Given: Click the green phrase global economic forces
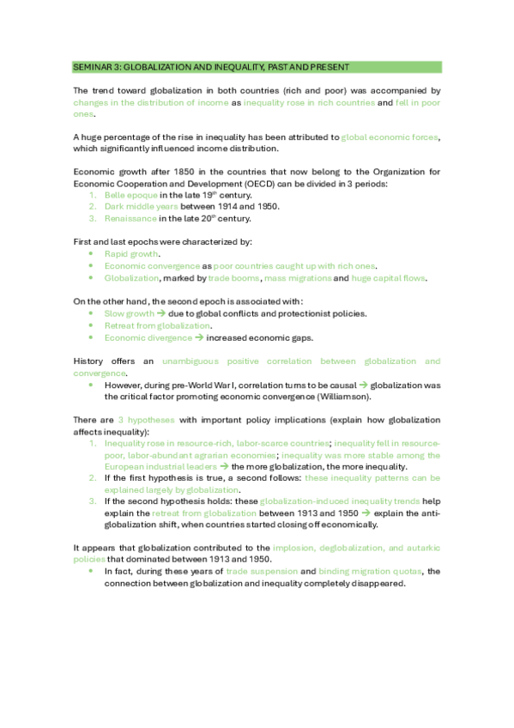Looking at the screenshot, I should pos(391,136).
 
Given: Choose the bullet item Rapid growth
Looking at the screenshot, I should pos(131,254).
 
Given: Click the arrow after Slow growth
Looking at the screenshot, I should pos(162,314).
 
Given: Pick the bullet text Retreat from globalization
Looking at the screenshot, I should pos(156,326).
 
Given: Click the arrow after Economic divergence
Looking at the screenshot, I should pos(199,338).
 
